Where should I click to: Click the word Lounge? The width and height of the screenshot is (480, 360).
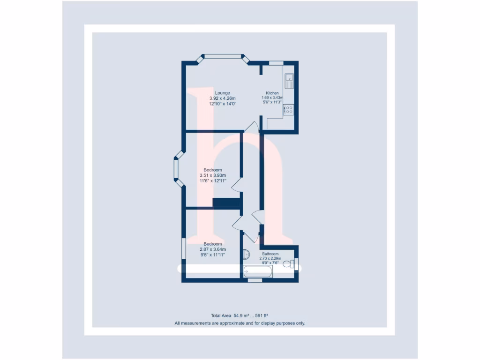coord(222,93)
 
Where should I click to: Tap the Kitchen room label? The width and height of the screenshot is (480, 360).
coord(272,93)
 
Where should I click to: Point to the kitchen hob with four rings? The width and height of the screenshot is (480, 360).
coord(288,110)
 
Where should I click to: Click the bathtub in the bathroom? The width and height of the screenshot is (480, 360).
coord(258,271)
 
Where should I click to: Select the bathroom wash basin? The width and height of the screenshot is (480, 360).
coord(247,255)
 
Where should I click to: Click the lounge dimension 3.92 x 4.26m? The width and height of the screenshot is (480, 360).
coord(222,98)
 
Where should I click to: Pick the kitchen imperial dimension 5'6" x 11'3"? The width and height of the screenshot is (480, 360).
coord(272,103)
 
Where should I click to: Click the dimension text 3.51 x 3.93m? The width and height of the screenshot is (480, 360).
coord(213,175)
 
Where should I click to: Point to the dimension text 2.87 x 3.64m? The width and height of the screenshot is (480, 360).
coord(213,249)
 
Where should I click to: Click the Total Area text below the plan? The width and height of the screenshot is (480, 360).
coord(240,316)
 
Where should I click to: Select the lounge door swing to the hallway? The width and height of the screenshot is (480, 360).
coord(251,127)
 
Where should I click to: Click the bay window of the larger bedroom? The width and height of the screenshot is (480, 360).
coord(177,169)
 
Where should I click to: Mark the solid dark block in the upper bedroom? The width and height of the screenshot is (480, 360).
coord(226,203)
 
